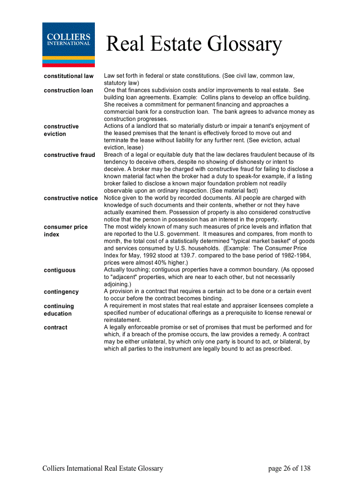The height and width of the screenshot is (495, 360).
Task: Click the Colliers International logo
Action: click(68, 45)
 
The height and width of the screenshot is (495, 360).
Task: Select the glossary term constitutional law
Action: click(68, 76)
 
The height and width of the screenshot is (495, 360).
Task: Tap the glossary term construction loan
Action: click(68, 90)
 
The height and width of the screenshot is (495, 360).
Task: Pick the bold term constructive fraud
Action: click(69, 155)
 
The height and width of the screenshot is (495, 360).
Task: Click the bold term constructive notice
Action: click(71, 198)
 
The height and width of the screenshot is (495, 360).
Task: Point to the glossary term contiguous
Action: click(60, 270)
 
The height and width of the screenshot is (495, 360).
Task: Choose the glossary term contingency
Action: click(61, 292)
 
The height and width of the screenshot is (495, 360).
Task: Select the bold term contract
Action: click(56, 328)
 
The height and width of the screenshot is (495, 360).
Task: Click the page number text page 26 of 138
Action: click(289, 469)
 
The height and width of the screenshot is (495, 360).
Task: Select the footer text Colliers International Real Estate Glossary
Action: click(103, 469)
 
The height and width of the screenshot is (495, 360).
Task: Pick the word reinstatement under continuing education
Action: click(122, 320)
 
